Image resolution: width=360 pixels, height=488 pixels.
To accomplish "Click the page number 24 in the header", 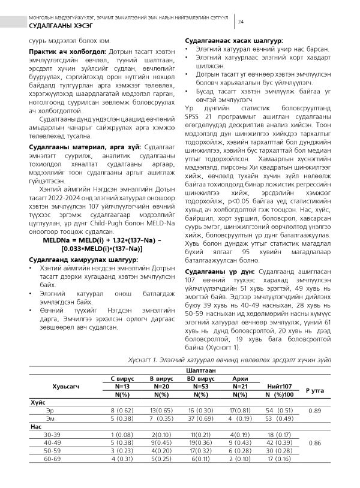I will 241,22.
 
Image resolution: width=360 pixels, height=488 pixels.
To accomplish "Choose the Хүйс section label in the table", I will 38,402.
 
